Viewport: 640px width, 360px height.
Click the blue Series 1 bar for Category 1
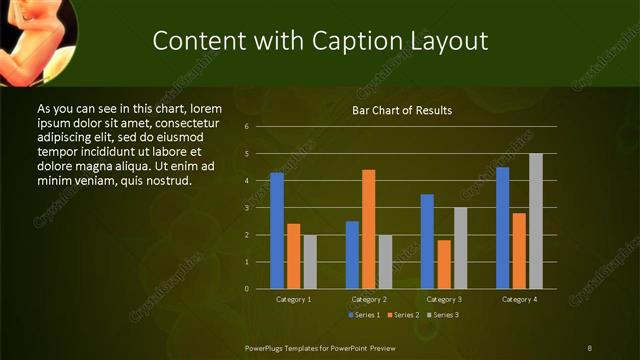tap(277, 231)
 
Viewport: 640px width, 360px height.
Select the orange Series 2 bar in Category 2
tap(369, 229)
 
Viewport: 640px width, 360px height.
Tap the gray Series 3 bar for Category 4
tap(536, 221)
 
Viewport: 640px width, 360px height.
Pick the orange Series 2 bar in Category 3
tap(444, 264)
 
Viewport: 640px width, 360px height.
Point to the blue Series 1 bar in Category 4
tap(502, 228)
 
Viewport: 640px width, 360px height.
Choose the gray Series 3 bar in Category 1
tap(310, 262)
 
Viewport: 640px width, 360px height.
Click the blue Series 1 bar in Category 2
tap(352, 255)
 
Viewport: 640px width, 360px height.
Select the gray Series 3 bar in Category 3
tap(460, 248)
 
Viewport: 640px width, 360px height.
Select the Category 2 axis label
tap(369, 299)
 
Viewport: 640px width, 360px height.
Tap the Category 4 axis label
tap(519, 299)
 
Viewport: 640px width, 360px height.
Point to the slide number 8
tap(589, 347)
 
